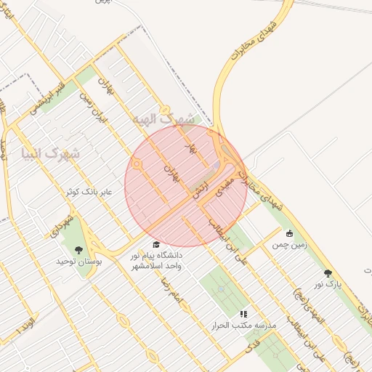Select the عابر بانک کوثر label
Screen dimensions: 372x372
[89, 192]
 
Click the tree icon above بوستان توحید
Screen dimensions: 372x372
[79, 250]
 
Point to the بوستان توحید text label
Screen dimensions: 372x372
[79, 260]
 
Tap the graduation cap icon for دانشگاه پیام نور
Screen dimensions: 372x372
[156, 245]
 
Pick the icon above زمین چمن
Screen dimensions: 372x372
[290, 234]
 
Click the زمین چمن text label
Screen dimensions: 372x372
[290, 245]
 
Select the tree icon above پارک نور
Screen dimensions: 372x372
[328, 273]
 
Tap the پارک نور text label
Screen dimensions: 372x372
[328, 284]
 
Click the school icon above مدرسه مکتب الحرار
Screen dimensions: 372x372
[243, 314]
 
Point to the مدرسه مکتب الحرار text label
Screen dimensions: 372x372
[243, 325]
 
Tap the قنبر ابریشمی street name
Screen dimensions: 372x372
[48, 99]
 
